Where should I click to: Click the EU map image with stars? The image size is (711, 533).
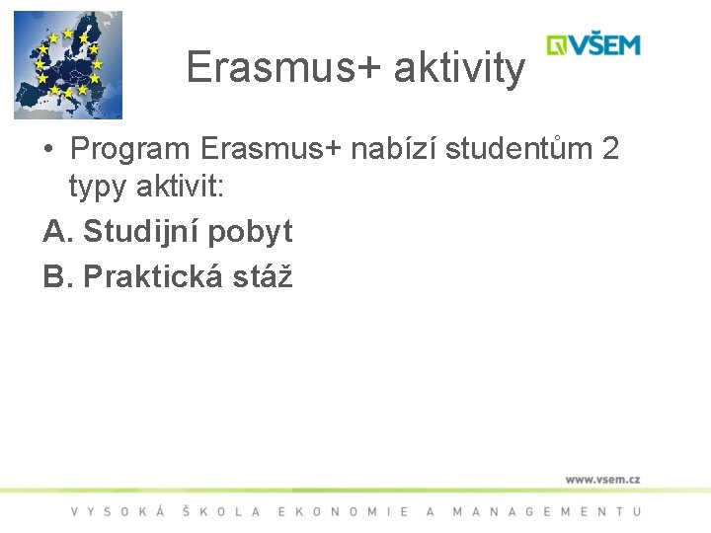coord(67,64)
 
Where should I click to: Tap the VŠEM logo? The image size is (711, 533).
coord(593,44)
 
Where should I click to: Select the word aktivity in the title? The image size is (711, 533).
coord(459,68)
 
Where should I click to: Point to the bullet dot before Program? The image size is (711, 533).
coord(48,150)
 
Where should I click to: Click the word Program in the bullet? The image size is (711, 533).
coord(130,149)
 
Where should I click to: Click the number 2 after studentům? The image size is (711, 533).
coord(610,149)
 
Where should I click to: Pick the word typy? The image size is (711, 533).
coord(99,186)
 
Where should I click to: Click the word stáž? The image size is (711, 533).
coord(262,277)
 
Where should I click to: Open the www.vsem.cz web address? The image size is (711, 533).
coord(602,479)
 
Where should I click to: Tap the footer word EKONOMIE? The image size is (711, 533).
coord(344,511)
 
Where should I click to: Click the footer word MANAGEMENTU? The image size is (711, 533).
coord(546,511)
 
